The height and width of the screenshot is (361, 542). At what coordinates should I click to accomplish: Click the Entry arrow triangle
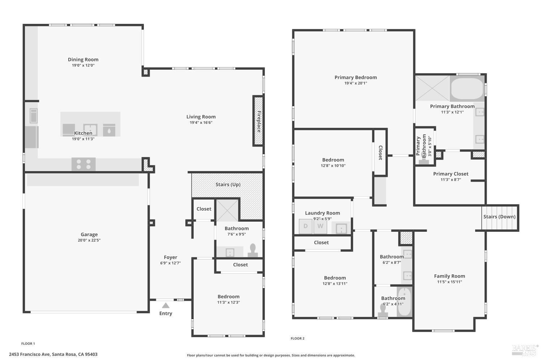pyautogui.click(x=165, y=305)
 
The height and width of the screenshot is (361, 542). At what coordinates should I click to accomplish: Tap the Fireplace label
pyautogui.click(x=259, y=122)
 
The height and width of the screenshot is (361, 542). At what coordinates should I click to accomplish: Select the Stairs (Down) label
pyautogui.click(x=499, y=217)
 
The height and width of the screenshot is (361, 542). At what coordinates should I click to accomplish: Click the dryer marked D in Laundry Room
pyautogui.click(x=305, y=226)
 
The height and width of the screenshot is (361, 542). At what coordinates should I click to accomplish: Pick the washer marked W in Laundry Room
pyautogui.click(x=321, y=226)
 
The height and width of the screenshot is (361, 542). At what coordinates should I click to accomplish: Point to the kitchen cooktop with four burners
pyautogui.click(x=83, y=164)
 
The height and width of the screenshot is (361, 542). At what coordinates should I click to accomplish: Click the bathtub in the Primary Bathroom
pyautogui.click(x=467, y=88)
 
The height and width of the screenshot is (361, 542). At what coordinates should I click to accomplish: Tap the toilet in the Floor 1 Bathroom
pyautogui.click(x=253, y=251)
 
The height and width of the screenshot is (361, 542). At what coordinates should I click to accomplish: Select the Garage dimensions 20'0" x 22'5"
pyautogui.click(x=89, y=240)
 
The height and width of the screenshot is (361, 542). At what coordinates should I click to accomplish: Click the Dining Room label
pyautogui.click(x=83, y=60)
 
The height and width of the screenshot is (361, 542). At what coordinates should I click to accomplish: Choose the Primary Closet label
pyautogui.click(x=451, y=174)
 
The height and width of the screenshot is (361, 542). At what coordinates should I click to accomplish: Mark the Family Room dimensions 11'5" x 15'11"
pyautogui.click(x=449, y=282)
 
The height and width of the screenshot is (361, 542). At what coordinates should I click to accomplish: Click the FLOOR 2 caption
pyautogui.click(x=297, y=338)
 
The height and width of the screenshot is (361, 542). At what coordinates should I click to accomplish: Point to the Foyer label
pyautogui.click(x=170, y=257)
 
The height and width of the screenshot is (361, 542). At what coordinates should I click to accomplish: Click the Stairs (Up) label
pyautogui.click(x=228, y=184)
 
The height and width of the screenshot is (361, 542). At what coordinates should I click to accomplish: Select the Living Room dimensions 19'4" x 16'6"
pyautogui.click(x=201, y=123)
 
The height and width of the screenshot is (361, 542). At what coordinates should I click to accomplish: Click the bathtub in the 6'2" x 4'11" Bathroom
pyautogui.click(x=404, y=302)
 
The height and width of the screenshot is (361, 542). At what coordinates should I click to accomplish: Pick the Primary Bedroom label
pyautogui.click(x=356, y=77)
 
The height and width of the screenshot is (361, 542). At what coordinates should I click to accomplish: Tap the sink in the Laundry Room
pyautogui.click(x=341, y=228)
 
